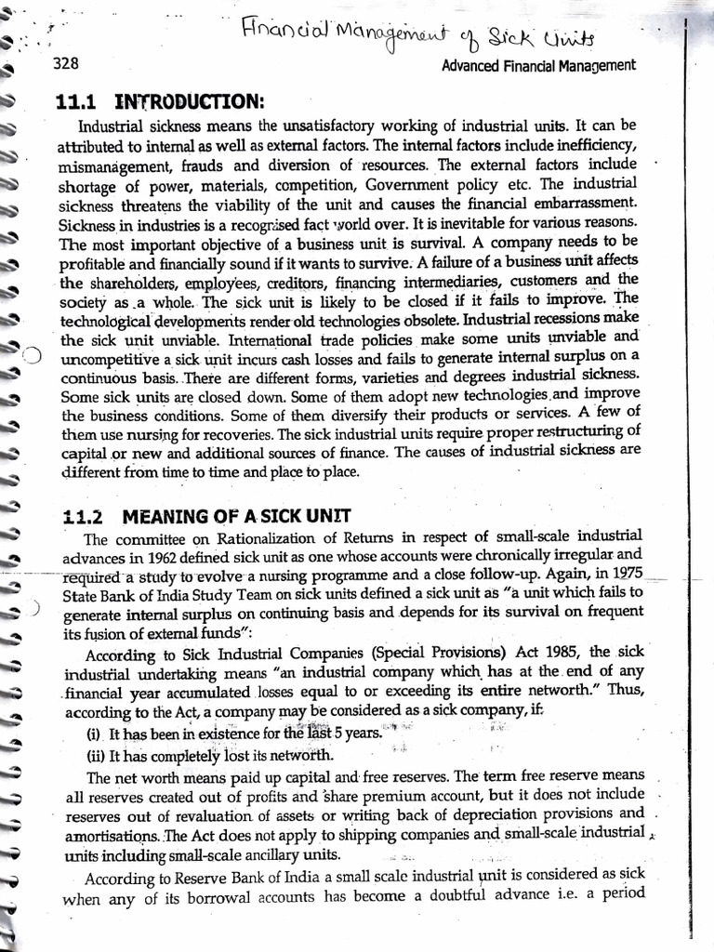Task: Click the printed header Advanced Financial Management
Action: (538, 65)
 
